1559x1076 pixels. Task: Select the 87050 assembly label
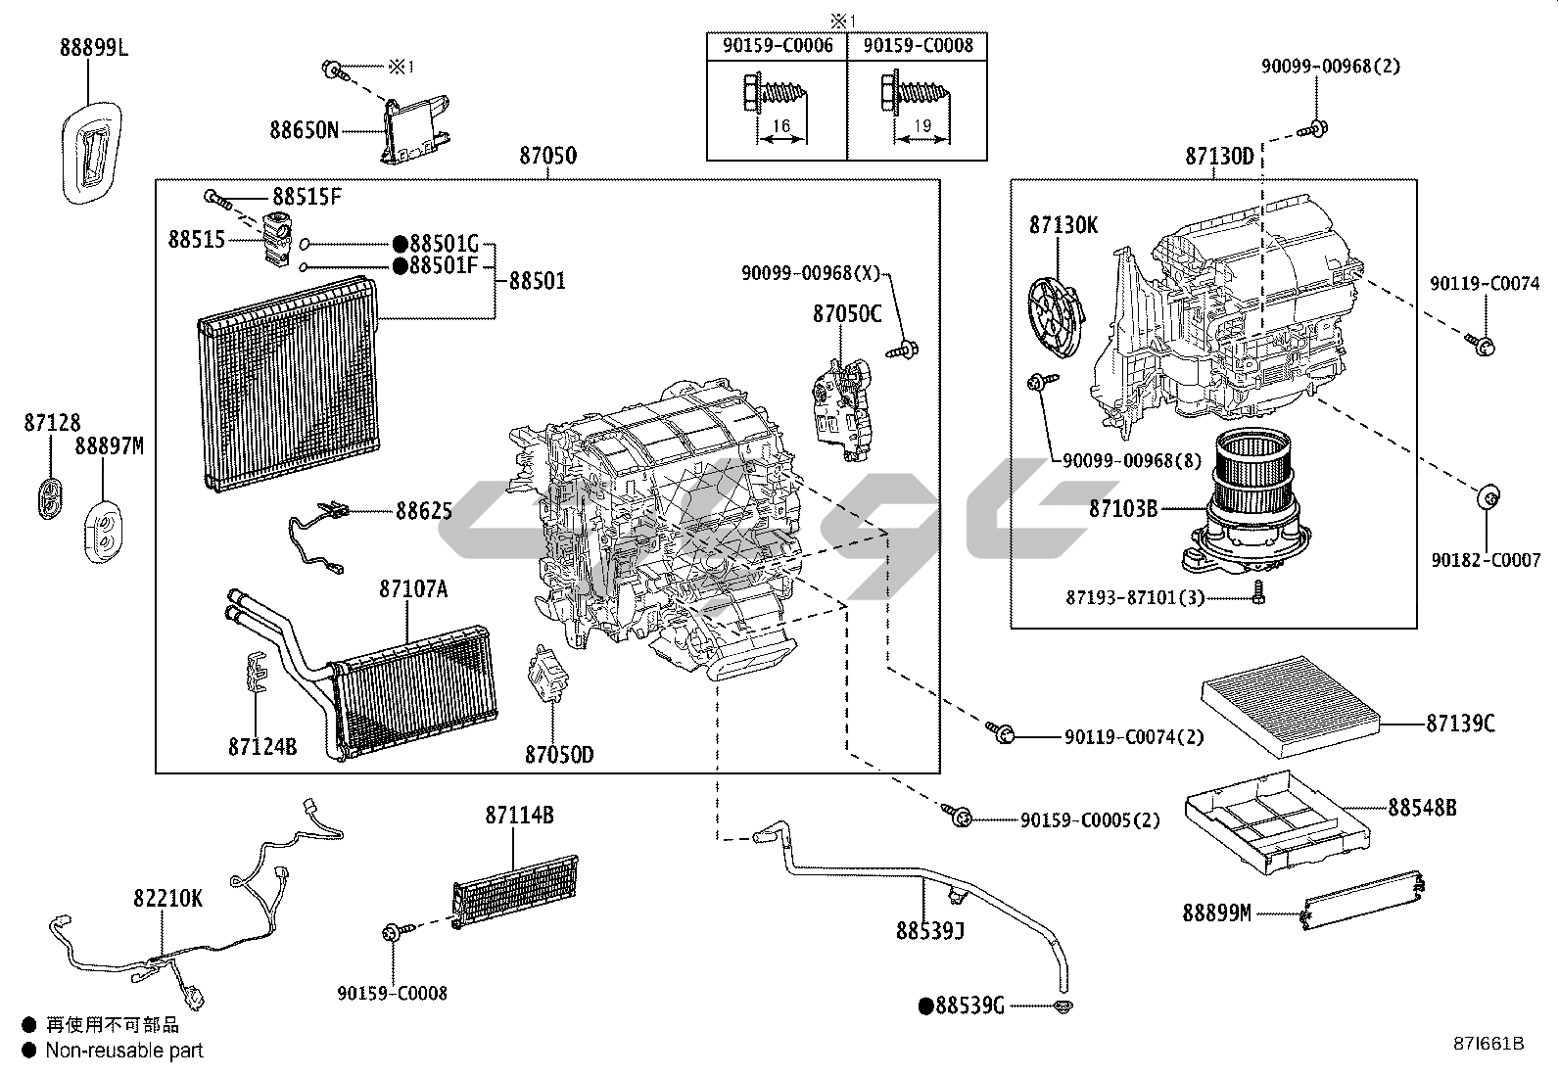tap(547, 156)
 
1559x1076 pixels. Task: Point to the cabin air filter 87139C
tap(1291, 704)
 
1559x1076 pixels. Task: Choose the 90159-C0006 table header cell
tap(777, 46)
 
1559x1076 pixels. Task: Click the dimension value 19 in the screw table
tap(923, 126)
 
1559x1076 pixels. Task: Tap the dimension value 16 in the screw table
tap(780, 126)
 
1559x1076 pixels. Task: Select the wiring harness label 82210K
tap(168, 898)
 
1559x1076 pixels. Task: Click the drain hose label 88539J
tap(930, 930)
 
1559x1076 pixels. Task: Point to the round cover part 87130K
tap(1058, 313)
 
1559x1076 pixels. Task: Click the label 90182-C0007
tap(1486, 561)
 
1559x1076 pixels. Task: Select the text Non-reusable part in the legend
tap(124, 1051)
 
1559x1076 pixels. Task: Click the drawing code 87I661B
tap(1488, 1044)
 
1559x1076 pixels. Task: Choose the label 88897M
tap(109, 446)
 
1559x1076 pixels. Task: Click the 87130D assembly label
tap(1219, 156)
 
